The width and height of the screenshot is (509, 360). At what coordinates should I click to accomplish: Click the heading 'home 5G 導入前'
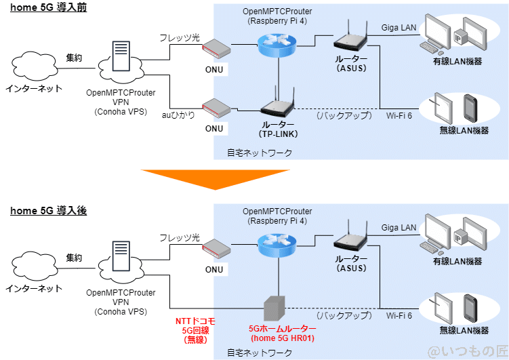49,7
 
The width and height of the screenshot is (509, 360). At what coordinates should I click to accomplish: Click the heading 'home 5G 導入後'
49,211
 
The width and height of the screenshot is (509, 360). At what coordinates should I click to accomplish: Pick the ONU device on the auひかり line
215,106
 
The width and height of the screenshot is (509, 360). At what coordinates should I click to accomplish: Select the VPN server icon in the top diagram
121,58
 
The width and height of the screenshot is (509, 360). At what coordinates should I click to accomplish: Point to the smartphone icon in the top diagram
470,107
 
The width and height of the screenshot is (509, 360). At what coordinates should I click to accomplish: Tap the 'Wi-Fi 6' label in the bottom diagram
399,316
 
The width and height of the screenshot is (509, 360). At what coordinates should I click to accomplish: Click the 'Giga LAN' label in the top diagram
399,28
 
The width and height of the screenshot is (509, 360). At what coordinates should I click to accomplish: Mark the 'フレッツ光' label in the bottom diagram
179,238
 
